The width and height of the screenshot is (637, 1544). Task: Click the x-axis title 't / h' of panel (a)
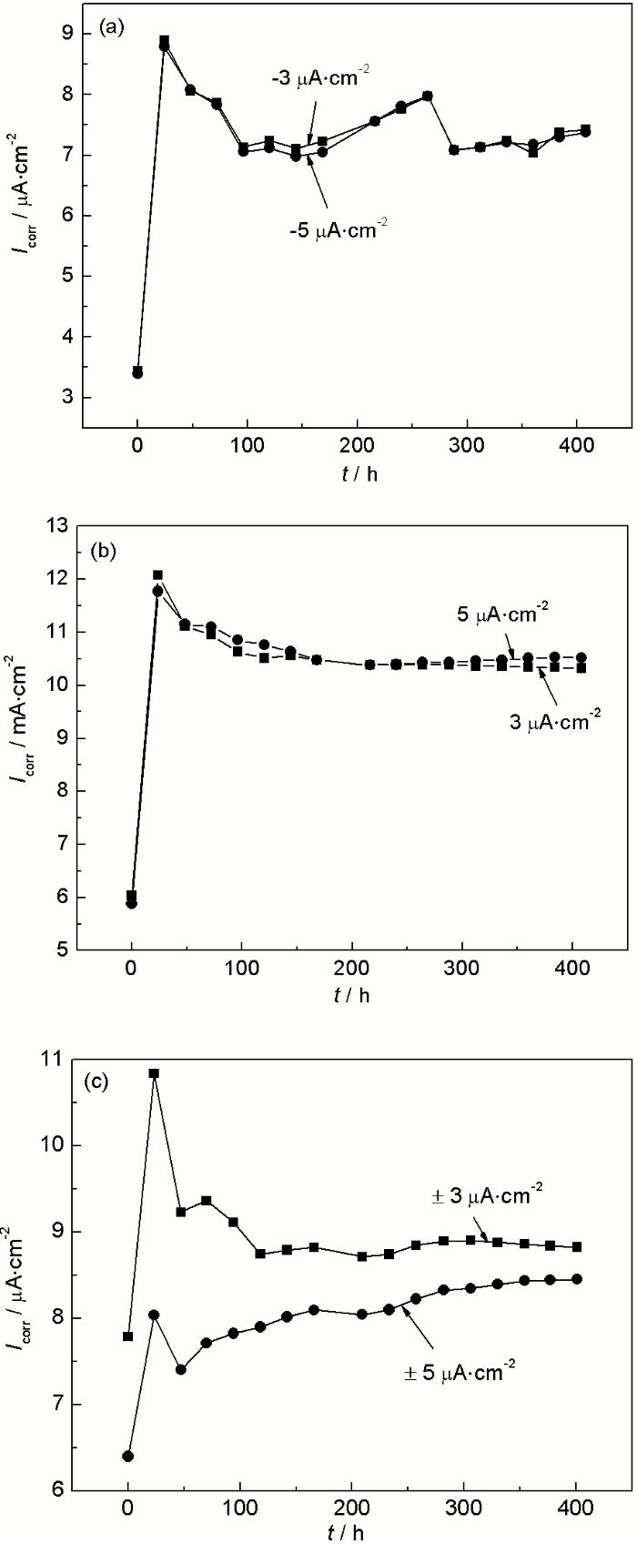[x=357, y=473]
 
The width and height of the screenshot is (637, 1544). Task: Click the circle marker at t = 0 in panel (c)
[x=128, y=1456]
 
